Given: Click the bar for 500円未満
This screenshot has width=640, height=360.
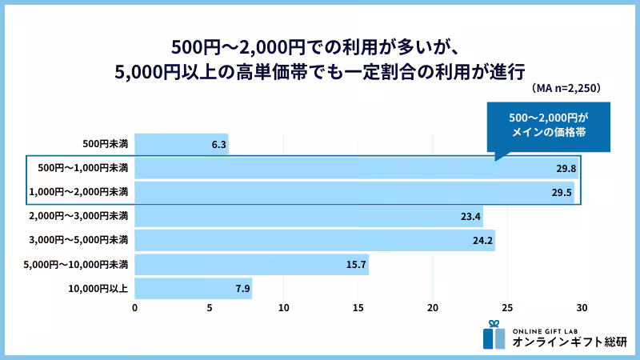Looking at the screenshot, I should point(182,144).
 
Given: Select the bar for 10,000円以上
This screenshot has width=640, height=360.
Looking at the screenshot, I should point(193,288).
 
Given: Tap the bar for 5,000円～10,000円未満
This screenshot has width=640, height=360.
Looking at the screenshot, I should point(251,264).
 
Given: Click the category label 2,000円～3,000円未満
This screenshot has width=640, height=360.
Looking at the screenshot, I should point(78,216).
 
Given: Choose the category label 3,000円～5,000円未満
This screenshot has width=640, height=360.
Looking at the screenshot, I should point(78,240).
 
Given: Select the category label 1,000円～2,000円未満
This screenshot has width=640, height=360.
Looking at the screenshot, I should point(78,192).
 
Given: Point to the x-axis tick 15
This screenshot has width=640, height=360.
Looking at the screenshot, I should point(358,308).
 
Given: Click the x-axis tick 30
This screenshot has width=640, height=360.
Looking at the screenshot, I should point(582,308).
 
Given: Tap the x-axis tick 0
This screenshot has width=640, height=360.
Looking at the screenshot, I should point(135,308).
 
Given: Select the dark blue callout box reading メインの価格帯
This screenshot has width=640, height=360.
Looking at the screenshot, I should point(548,126).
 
